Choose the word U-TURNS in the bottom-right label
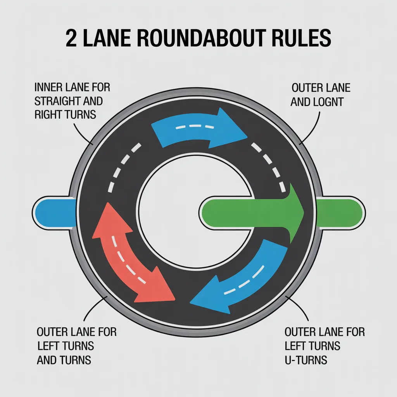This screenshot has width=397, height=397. point(306,359)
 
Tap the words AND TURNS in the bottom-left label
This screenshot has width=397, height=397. point(64,359)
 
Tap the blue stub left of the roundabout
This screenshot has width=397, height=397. point(54,212)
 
